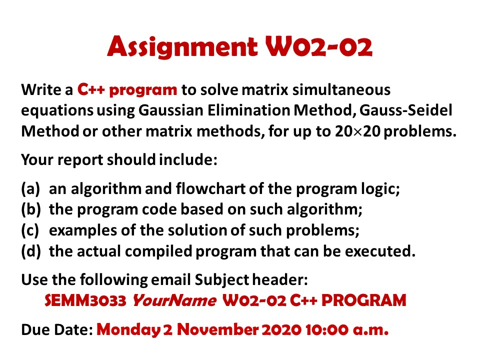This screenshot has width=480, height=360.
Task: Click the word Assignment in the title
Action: pos(181,47)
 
